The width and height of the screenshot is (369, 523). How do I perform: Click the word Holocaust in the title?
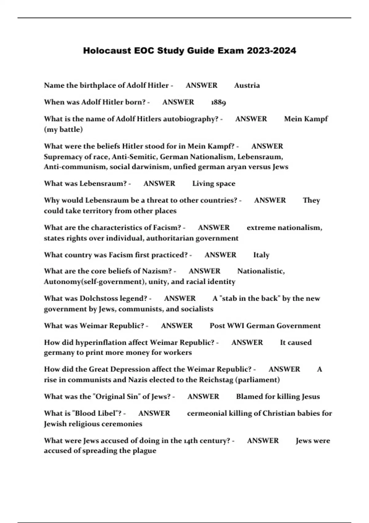[x=107, y=50]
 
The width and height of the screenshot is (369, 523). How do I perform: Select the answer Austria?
[x=247, y=86]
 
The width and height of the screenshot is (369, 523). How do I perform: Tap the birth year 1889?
[x=218, y=102]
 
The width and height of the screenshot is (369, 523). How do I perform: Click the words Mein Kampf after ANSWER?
[x=306, y=119]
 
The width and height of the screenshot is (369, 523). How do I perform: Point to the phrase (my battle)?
[x=63, y=130]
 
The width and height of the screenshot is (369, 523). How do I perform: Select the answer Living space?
[x=214, y=184]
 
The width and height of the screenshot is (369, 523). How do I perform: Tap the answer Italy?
[x=261, y=255]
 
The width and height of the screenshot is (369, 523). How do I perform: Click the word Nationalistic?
[x=261, y=271]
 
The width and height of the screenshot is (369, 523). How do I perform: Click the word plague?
[x=145, y=451]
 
